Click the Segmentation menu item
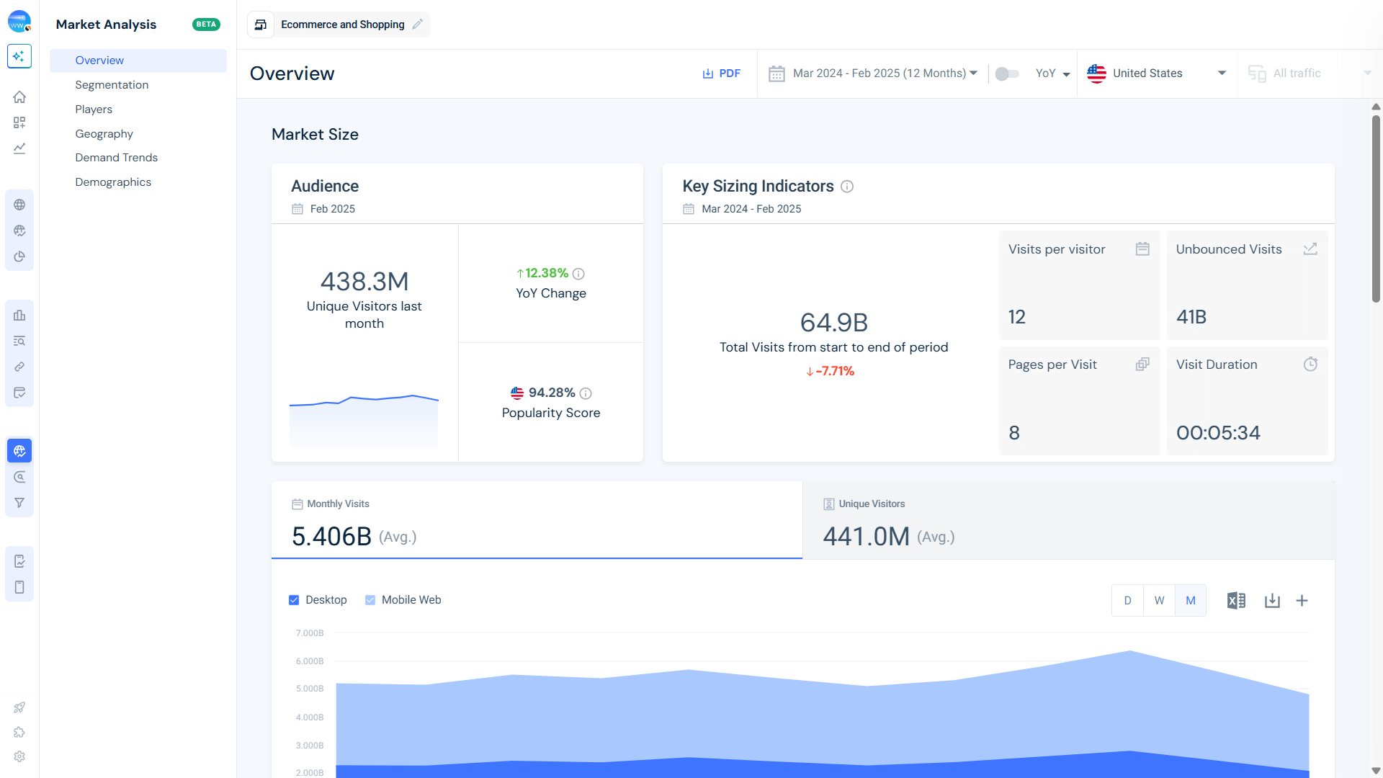point(112,85)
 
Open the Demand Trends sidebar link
point(116,158)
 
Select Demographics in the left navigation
point(113,182)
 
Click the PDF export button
point(722,73)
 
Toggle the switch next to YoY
point(1006,73)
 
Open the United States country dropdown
point(1156,73)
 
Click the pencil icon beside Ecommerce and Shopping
point(418,24)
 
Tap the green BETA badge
point(206,24)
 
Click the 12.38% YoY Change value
point(546,274)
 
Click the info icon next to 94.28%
point(586,393)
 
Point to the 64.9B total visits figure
point(833,323)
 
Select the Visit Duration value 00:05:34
point(1218,433)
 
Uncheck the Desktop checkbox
point(294,600)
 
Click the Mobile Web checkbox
point(370,600)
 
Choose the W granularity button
point(1159,601)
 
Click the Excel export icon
point(1236,601)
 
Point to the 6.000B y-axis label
point(310,661)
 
